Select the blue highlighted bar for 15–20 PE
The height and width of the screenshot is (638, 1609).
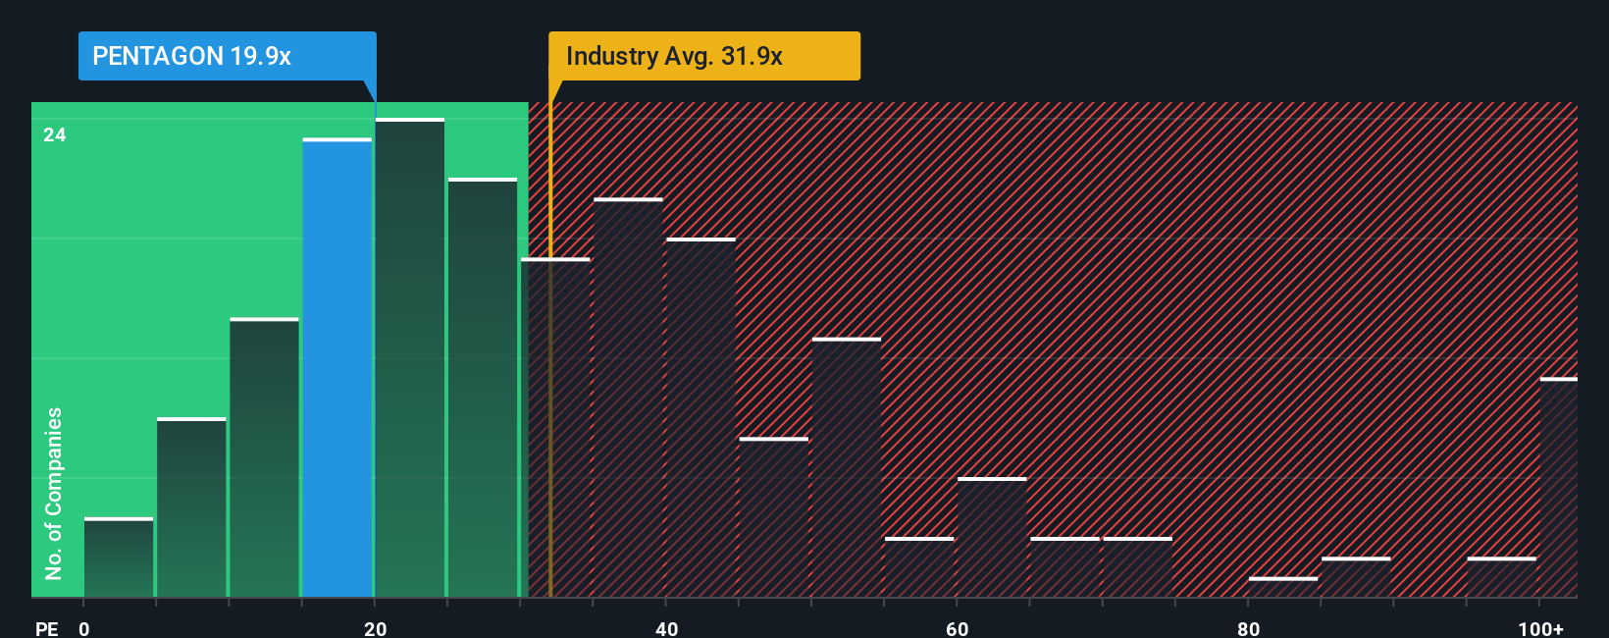coord(337,368)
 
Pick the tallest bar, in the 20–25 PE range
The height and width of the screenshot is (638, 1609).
coord(410,358)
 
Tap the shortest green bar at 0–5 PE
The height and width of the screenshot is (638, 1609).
coord(119,558)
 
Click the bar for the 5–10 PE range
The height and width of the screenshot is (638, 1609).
coord(191,507)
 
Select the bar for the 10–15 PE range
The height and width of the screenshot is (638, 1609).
coord(264,457)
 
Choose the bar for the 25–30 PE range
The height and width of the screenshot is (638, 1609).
coord(483,388)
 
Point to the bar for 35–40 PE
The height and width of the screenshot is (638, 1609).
coord(628,398)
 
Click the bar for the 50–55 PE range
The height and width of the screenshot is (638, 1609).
coord(847,467)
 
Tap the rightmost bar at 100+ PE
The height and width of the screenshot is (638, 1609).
coord(1558,488)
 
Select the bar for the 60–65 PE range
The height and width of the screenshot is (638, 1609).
coord(992,537)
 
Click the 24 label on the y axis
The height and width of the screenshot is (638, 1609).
coord(55,134)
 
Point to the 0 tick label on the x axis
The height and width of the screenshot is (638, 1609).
coord(84,628)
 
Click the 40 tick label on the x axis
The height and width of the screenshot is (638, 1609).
coord(666,628)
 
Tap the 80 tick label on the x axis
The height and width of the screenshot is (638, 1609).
coord(1248,628)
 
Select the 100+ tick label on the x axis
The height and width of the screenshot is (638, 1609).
coord(1541,628)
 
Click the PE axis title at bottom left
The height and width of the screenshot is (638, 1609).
coord(46,628)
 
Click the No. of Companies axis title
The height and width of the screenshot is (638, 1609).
coord(54,493)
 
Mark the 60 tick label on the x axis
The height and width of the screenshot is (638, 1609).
coord(957,628)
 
